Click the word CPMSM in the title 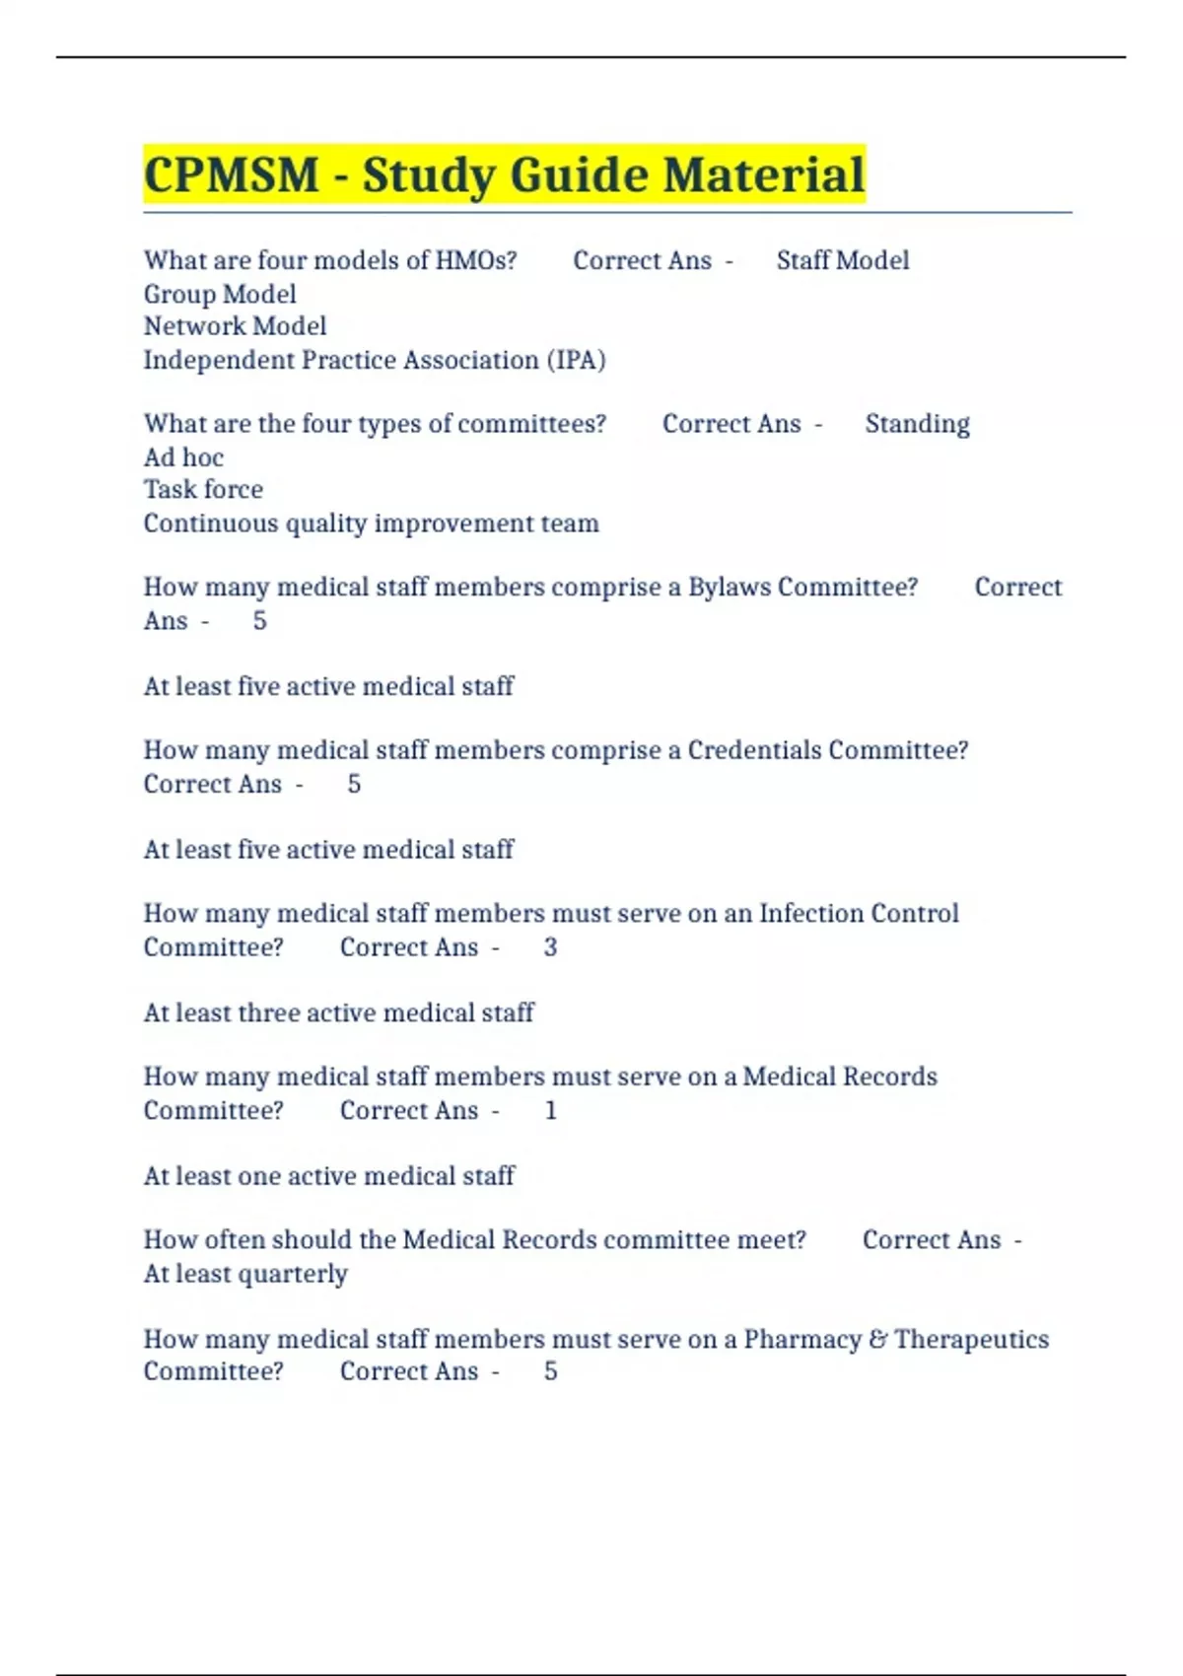(x=232, y=175)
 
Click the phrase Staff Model (x=843, y=260)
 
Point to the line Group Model (x=220, y=294)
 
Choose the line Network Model (x=235, y=326)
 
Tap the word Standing (x=917, y=424)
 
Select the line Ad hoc (x=183, y=457)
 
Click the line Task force (x=203, y=490)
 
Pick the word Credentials (x=754, y=750)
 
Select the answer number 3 (x=550, y=947)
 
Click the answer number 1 (x=550, y=1111)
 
